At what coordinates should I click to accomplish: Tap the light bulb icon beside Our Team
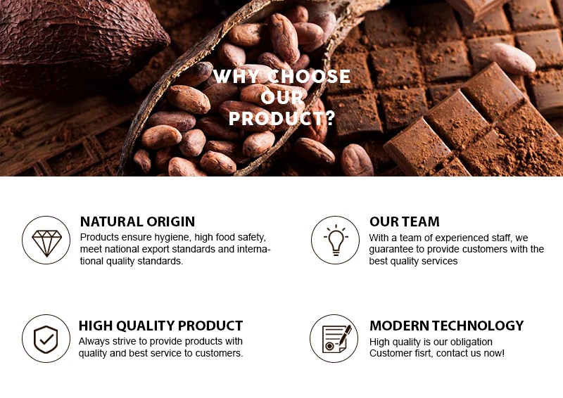tap(336, 240)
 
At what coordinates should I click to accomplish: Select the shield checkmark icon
tap(46, 339)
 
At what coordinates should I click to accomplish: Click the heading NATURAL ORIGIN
tap(137, 222)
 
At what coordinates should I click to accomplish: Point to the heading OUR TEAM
tap(405, 222)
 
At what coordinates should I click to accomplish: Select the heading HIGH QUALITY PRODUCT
tap(161, 326)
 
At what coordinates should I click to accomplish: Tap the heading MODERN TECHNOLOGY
tap(447, 326)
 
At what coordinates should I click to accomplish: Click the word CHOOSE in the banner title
tap(309, 77)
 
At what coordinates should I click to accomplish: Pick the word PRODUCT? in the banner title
tap(282, 118)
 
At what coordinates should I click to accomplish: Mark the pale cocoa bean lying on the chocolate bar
tap(514, 58)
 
